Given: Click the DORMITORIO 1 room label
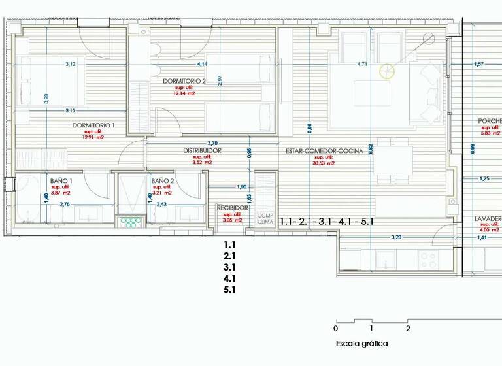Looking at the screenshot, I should tap(93, 125).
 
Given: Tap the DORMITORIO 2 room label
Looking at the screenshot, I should tap(184, 81).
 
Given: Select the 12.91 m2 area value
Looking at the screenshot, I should tap(93, 137).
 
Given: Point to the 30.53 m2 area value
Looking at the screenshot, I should tap(324, 163).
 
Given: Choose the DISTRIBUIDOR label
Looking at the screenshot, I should tap(202, 151).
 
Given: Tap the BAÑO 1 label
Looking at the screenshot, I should tap(61, 181).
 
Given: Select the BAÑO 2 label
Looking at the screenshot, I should tap(162, 181).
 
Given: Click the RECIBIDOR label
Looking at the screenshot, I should tap(233, 208).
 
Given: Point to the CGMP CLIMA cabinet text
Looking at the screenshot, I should tap(265, 218).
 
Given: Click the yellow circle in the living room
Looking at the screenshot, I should tap(388, 71).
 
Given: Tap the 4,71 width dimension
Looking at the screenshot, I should tap(362, 64).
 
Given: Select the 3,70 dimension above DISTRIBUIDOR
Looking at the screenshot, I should tap(212, 143).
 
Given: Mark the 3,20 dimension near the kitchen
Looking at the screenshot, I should tap(396, 237).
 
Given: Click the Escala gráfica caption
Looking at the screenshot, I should tap(361, 344).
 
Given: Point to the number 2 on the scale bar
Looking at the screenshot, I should tap(408, 329).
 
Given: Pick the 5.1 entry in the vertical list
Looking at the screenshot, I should tap(229, 290).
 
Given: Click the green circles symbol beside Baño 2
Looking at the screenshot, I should tap(133, 222).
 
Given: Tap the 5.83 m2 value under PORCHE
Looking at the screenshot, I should tap(490, 133).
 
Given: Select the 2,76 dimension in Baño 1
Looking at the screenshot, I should tap(65, 205).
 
